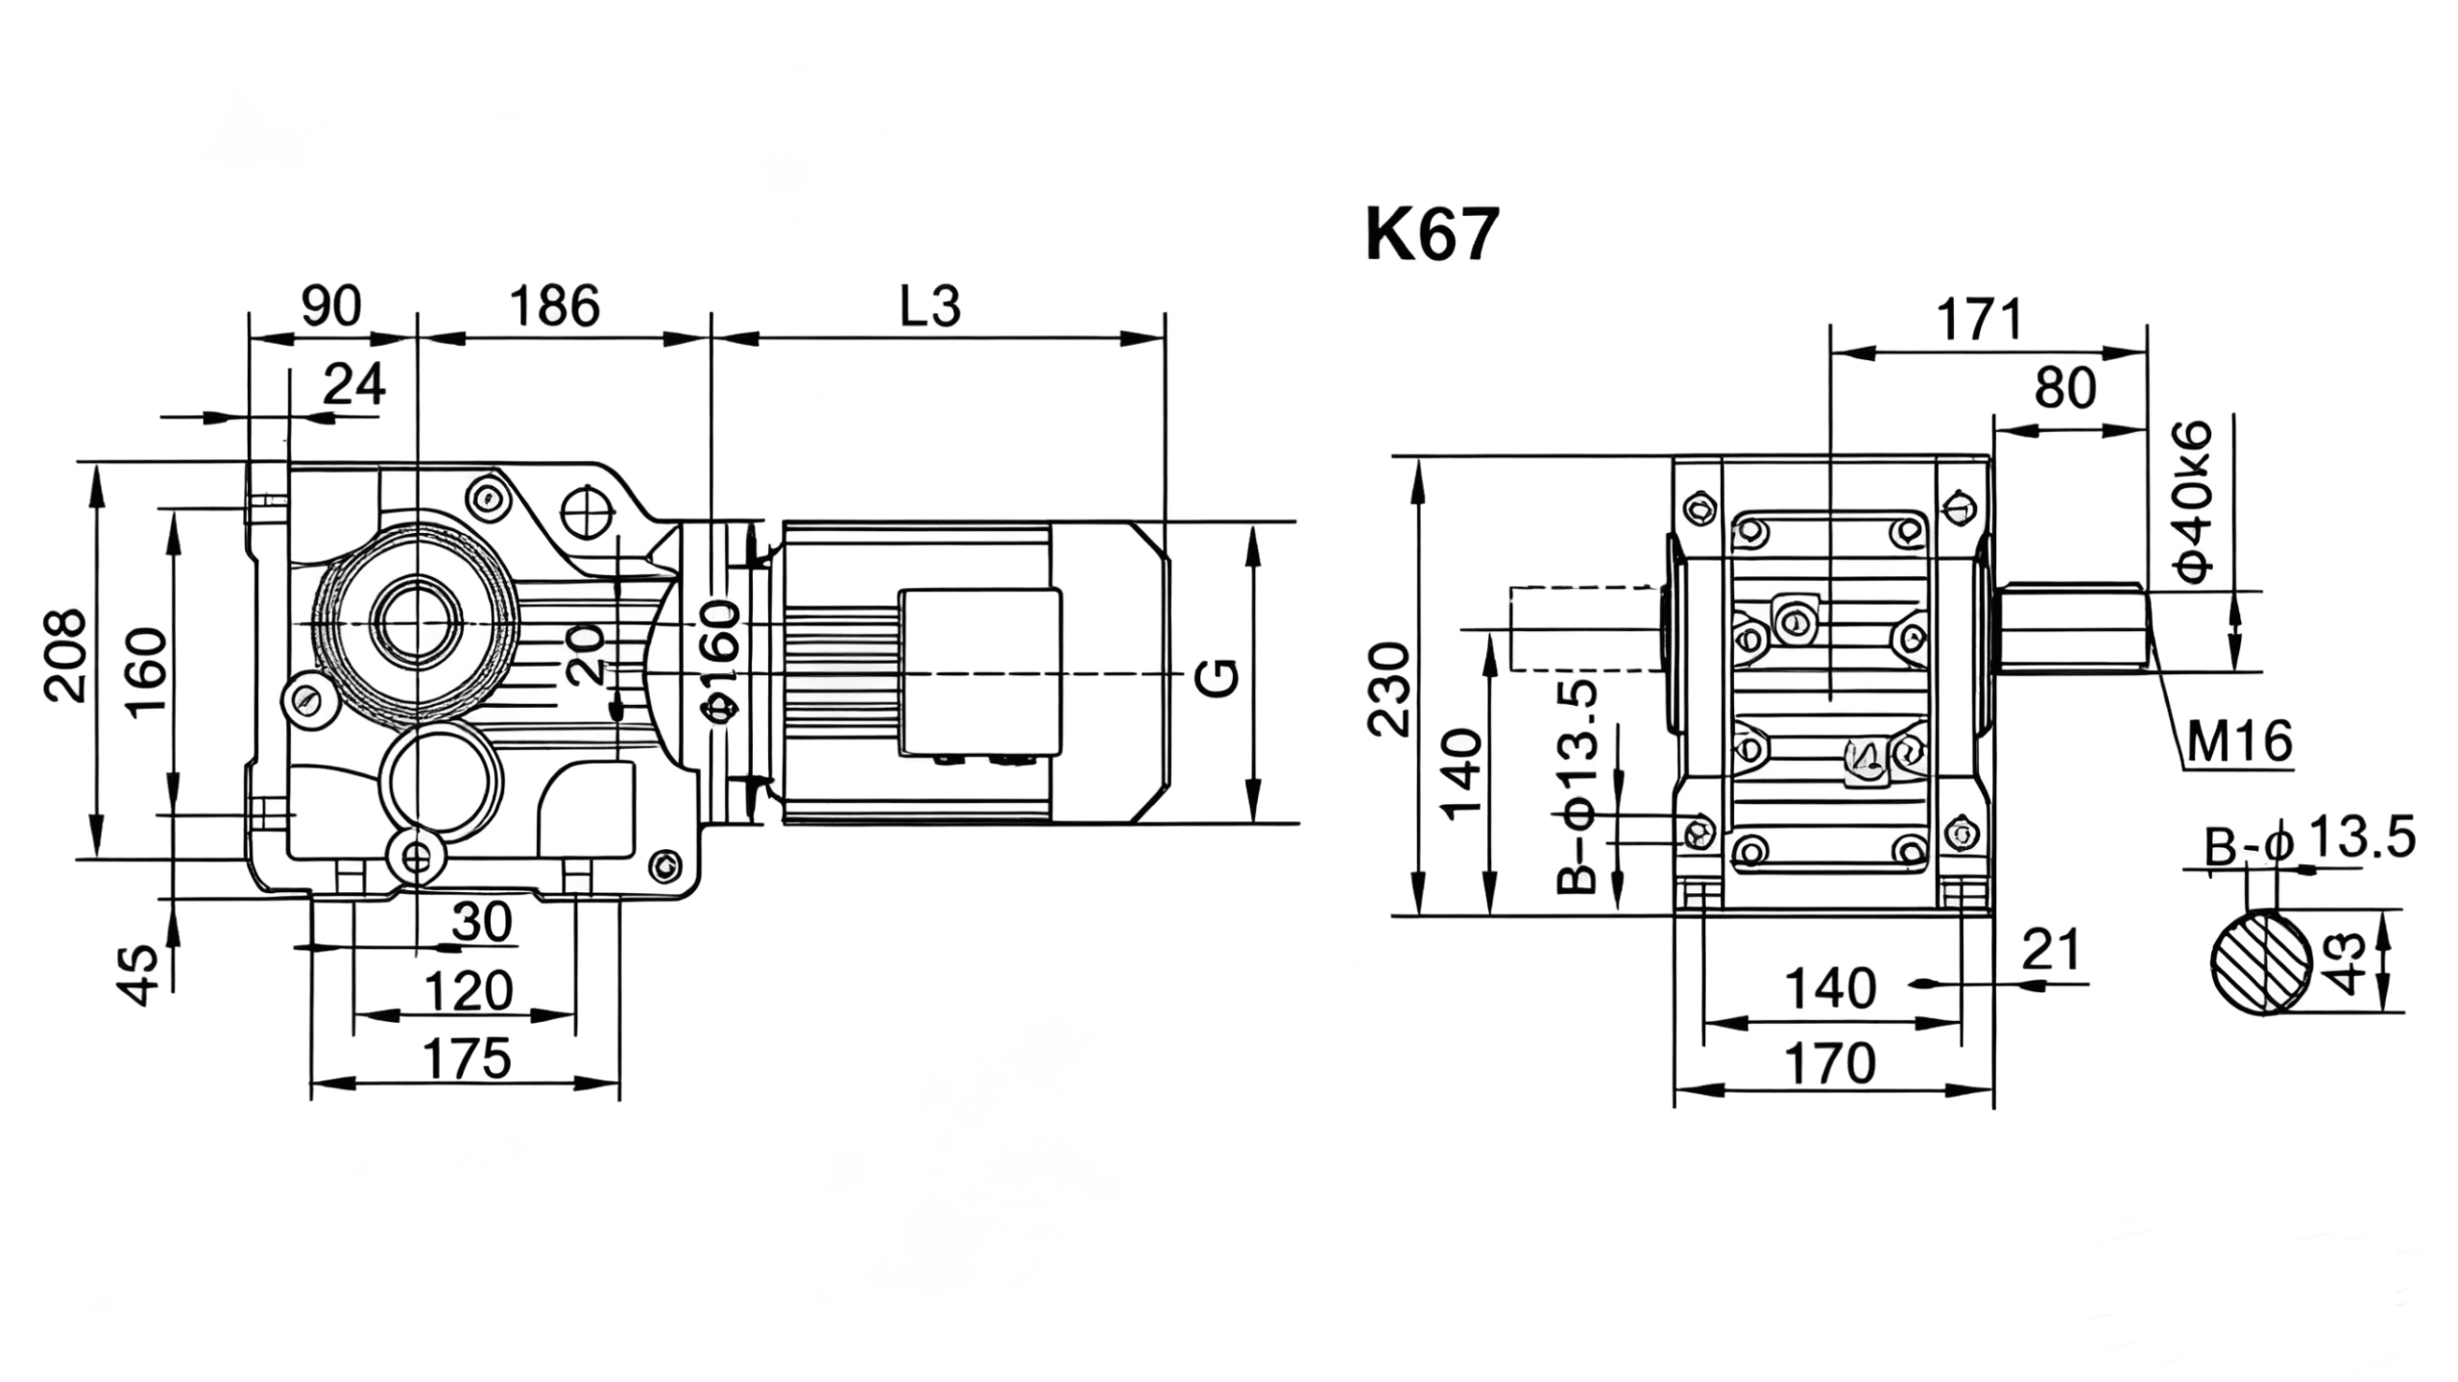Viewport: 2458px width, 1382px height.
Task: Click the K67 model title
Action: point(1431,235)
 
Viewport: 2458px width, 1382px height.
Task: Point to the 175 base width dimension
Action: point(468,1059)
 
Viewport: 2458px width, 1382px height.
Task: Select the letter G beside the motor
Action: point(1217,678)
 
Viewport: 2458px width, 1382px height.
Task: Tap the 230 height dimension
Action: point(1388,690)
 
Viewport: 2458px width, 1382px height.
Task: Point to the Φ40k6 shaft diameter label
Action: point(2195,501)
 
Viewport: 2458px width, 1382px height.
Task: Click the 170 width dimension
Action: point(1830,1064)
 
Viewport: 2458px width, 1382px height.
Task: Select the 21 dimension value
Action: point(2051,950)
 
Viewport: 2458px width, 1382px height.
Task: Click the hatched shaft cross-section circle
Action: point(2262,961)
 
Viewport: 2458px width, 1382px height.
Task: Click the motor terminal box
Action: point(979,671)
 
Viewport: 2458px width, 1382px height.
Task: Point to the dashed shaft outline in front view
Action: point(1584,628)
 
